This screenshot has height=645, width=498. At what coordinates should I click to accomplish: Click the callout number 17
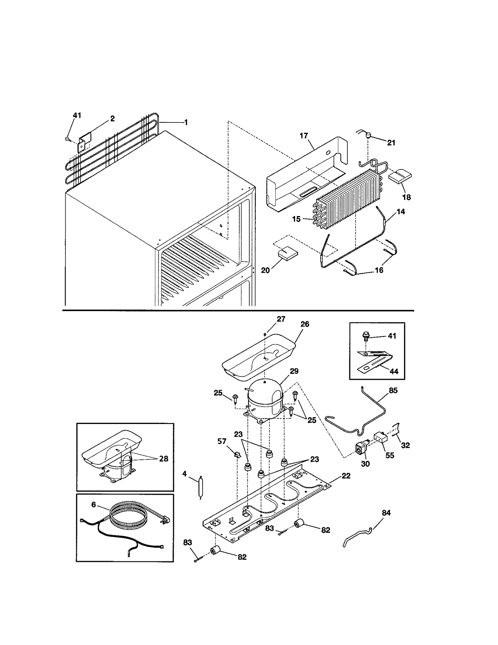pos(303,136)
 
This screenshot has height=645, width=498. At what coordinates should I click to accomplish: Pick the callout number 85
pos(393,390)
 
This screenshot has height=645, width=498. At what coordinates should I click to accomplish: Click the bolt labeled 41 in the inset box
pos(366,336)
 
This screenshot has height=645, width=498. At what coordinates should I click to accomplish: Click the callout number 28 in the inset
pos(163,458)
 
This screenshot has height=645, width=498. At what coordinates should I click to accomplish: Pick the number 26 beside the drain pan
pos(305,324)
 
